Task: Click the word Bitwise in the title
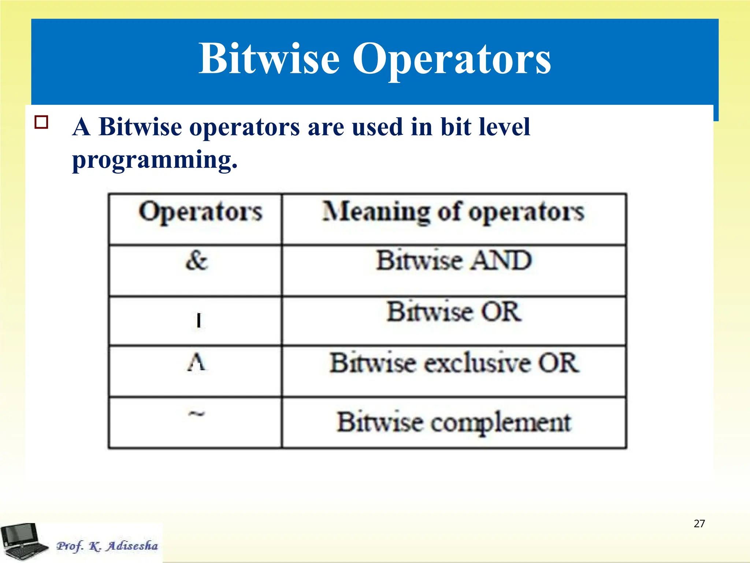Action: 269,59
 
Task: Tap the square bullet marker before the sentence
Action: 41,122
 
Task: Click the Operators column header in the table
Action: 200,212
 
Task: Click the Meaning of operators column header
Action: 453,212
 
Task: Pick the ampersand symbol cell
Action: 197,261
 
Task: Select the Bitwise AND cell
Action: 454,261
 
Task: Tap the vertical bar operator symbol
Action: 198,320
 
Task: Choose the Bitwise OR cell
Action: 454,312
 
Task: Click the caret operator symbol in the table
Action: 197,363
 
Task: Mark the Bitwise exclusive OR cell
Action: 454,363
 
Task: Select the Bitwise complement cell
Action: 454,422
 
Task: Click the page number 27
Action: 699,523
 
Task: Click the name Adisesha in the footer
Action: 132,546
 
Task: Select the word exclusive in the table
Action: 478,363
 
